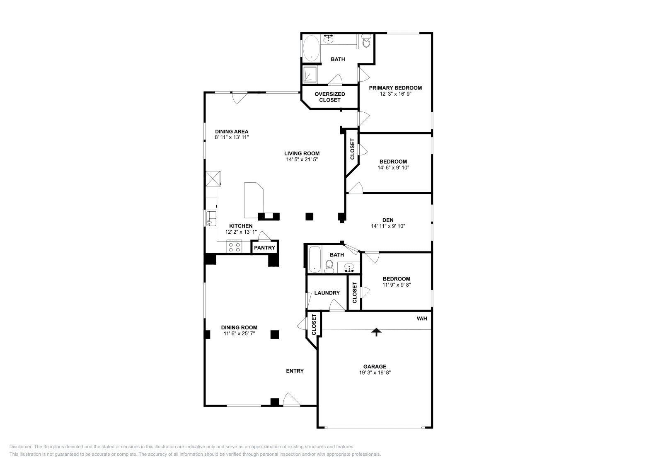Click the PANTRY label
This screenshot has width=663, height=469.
pyautogui.click(x=264, y=248)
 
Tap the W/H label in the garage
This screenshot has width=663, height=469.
pyautogui.click(x=421, y=319)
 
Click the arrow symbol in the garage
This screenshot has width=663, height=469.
pyautogui.click(x=376, y=332)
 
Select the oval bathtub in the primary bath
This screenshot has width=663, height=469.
pyautogui.click(x=311, y=48)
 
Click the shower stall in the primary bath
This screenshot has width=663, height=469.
pyautogui.click(x=310, y=75)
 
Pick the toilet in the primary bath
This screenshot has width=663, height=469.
pyautogui.click(x=366, y=41)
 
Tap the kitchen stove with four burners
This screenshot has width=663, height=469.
pyautogui.click(x=234, y=247)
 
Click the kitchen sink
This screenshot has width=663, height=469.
pyautogui.click(x=211, y=218)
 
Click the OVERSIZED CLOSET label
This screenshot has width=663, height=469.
pyautogui.click(x=330, y=97)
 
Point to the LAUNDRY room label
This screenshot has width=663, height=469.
pyautogui.click(x=327, y=293)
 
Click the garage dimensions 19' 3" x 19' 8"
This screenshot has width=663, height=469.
pyautogui.click(x=375, y=372)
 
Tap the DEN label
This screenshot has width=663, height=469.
pyautogui.click(x=388, y=220)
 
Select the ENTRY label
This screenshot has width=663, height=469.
pyautogui.click(x=295, y=371)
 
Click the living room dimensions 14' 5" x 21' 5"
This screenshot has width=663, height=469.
pyautogui.click(x=302, y=159)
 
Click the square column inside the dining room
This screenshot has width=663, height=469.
pyautogui.click(x=274, y=334)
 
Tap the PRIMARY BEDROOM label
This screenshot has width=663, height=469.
pyautogui.click(x=395, y=88)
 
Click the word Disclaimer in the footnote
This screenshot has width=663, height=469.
pyautogui.click(x=20, y=447)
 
